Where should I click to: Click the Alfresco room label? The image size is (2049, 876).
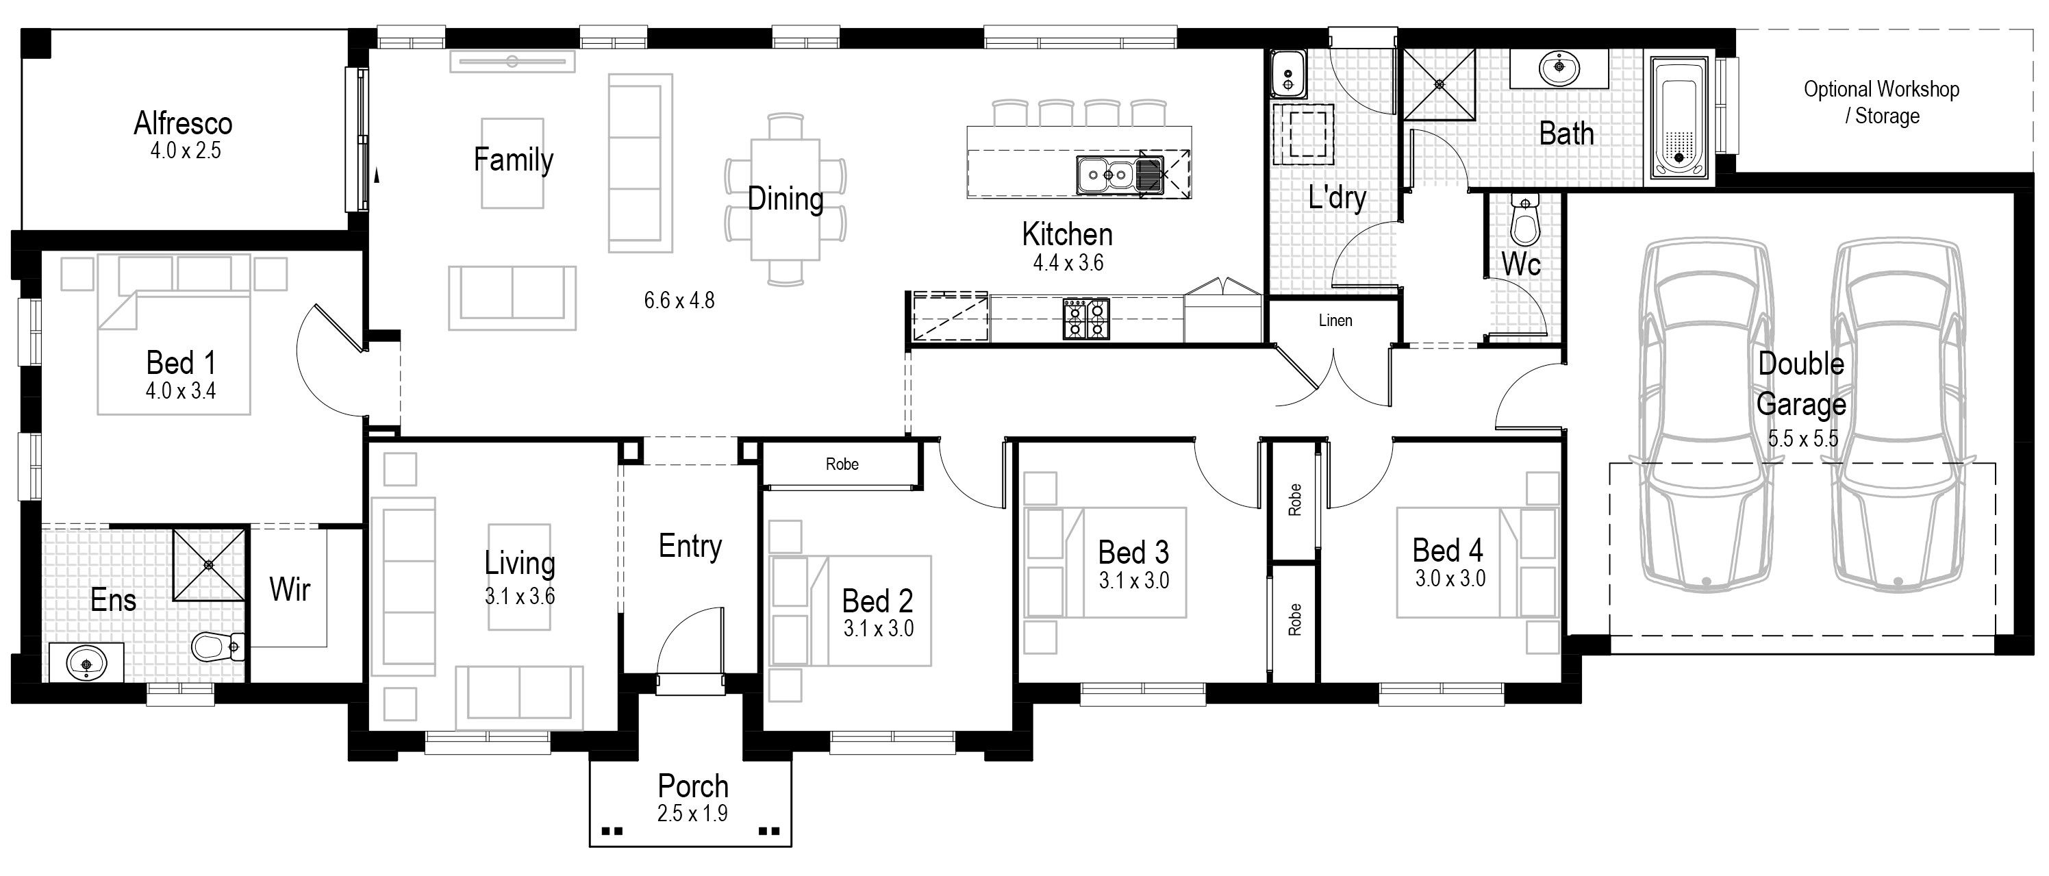pyautogui.click(x=183, y=123)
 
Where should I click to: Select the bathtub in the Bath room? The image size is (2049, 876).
pyautogui.click(x=1679, y=117)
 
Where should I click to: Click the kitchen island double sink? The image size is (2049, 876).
pyautogui.click(x=1120, y=174)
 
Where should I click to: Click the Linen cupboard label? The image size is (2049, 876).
pyautogui.click(x=1335, y=320)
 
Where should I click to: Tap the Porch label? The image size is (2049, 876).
pyautogui.click(x=693, y=786)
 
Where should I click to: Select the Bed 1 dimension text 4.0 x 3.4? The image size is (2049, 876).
pyautogui.click(x=181, y=390)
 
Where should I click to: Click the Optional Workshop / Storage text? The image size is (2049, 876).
pyautogui.click(x=1881, y=102)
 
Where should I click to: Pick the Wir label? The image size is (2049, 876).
pyautogui.click(x=290, y=590)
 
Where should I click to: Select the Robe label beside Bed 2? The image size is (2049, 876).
pyautogui.click(x=842, y=464)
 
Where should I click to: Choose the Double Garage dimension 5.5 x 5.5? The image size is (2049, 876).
pyautogui.click(x=1803, y=438)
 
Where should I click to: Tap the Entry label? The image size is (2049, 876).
pyautogui.click(x=690, y=547)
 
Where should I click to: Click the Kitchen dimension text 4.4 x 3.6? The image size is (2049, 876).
pyautogui.click(x=1068, y=262)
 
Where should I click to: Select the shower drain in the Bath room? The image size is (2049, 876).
pyautogui.click(x=1438, y=84)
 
